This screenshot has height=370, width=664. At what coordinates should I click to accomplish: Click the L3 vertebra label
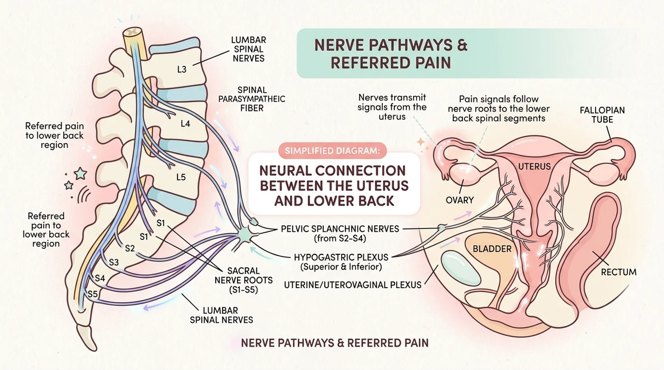click(182, 69)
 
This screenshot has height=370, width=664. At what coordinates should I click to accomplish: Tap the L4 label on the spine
click(185, 123)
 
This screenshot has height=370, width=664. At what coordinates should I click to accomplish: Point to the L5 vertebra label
click(181, 177)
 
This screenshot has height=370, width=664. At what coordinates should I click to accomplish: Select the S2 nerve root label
click(130, 248)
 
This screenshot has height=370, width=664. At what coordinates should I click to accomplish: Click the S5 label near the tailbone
click(93, 294)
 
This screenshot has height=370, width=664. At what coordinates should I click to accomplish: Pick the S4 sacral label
click(100, 278)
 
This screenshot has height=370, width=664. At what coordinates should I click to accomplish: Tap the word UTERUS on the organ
click(534, 167)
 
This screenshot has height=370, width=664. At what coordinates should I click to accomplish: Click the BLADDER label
click(492, 249)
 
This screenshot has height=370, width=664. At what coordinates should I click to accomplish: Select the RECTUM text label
click(619, 272)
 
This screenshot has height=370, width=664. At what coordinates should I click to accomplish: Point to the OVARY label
click(460, 200)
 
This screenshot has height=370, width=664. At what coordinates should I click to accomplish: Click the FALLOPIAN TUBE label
click(602, 115)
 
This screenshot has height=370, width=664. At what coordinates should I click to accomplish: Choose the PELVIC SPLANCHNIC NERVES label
click(340, 233)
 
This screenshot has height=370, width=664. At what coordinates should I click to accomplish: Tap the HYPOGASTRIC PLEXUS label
click(341, 262)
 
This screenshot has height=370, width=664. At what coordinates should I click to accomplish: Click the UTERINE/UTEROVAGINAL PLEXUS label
click(353, 284)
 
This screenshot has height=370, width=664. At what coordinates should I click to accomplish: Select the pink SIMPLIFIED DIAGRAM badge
click(333, 151)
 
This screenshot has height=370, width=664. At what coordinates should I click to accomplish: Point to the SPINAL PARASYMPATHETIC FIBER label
click(252, 99)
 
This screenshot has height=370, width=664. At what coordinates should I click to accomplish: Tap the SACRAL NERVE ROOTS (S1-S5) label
click(244, 280)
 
